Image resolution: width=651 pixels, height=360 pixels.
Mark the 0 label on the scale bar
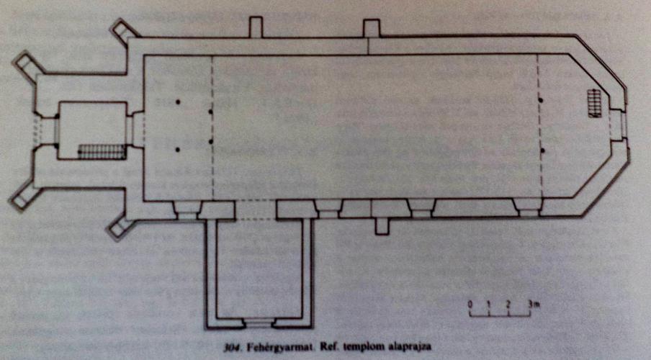pyautogui.click(x=470, y=305)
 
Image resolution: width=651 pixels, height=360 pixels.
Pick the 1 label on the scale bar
pyautogui.click(x=489, y=305)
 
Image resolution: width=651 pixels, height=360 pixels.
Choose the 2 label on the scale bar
pyautogui.click(x=508, y=305)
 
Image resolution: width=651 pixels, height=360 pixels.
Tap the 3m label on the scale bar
pyautogui.click(x=534, y=305)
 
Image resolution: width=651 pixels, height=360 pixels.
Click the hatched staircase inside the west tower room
pyautogui.click(x=102, y=151)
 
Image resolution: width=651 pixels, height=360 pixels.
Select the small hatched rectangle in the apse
pyautogui.click(x=595, y=103)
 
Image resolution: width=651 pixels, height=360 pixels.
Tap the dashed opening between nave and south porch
pyautogui.click(x=256, y=210)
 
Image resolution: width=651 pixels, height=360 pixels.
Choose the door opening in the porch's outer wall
pyautogui.click(x=258, y=323)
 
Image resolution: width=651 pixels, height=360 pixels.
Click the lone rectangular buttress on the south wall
pyautogui.click(x=382, y=226)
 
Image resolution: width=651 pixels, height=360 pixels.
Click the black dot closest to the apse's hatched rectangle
pyautogui.click(x=541, y=100)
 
